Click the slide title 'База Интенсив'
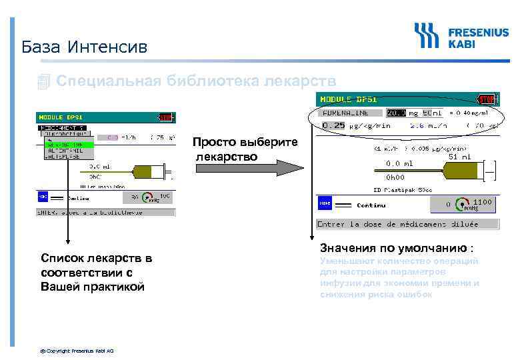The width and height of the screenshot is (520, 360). point(84,47)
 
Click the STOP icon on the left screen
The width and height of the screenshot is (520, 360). point(166,117)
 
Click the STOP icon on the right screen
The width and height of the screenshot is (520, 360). point(487,99)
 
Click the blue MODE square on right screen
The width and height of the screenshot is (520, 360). point(325,204)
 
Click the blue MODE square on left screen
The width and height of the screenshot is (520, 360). point(42,197)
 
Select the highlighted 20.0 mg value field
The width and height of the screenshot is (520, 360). point(396,113)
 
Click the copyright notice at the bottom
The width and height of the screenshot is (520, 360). point(77,350)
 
